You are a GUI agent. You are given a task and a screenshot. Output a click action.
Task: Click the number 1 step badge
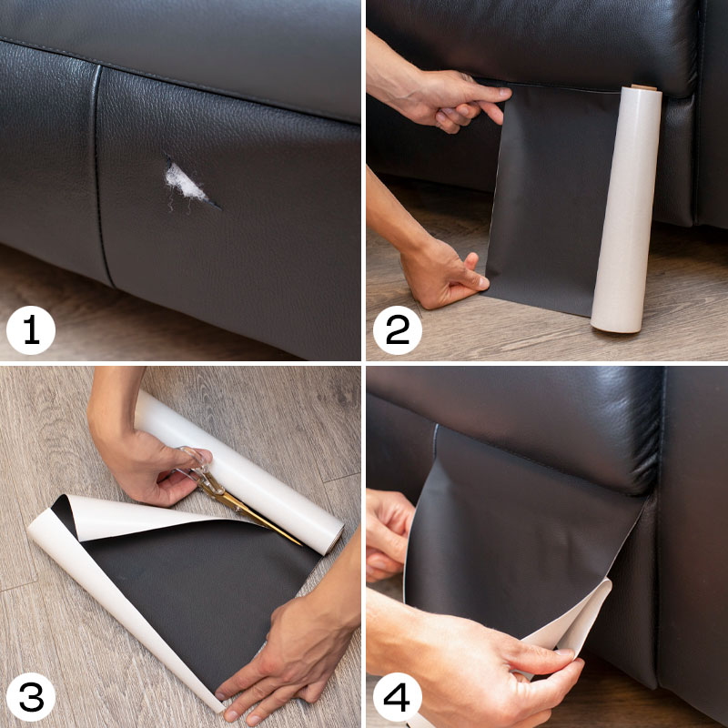[31, 330]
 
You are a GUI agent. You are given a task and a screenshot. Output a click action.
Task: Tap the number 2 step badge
[398, 330]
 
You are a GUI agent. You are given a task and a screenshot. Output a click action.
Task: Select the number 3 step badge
[31, 697]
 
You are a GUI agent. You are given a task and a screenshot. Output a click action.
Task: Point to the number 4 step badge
[398, 697]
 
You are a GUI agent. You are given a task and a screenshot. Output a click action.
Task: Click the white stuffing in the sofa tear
[185, 184]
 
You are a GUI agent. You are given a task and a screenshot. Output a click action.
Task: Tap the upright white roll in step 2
[625, 209]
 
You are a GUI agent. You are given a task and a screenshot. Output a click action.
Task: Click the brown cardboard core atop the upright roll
[643, 87]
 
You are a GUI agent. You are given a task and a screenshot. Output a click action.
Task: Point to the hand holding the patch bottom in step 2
[441, 274]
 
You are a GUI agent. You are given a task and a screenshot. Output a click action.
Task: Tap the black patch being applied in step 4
[520, 534]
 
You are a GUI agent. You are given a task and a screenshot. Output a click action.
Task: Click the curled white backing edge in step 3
[116, 590]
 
